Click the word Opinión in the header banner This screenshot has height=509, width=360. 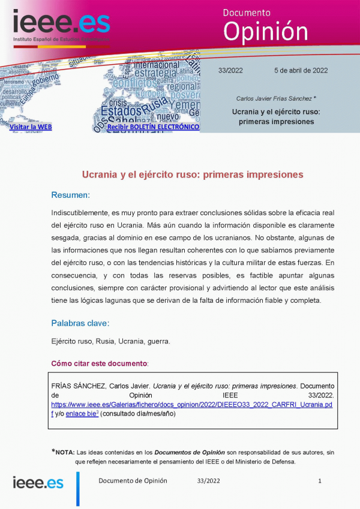tap(265, 31)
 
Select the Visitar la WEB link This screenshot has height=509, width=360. tap(31, 127)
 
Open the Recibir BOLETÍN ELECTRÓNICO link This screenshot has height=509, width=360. tap(153, 127)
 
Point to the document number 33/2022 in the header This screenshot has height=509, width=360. tap(230, 70)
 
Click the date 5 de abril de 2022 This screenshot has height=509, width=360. tap(301, 70)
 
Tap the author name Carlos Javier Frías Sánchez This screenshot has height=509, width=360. tap(274, 98)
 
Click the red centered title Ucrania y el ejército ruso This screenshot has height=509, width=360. tap(193, 174)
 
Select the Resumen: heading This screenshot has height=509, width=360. tap(70, 195)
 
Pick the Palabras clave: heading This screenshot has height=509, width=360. tap(80, 323)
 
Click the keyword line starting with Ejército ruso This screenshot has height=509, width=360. tap(110, 341)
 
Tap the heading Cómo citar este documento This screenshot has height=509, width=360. tap(99, 363)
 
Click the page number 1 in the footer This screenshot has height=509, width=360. tap(320, 481)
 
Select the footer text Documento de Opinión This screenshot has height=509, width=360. tap(133, 481)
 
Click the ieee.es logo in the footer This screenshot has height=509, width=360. tap(38, 483)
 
